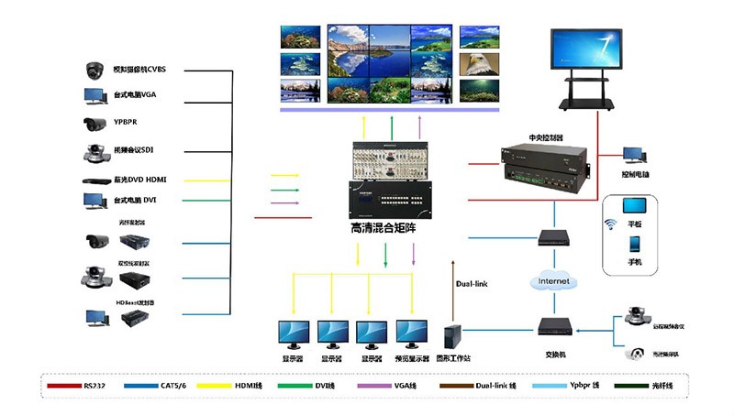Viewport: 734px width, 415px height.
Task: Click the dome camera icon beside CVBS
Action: (95, 70)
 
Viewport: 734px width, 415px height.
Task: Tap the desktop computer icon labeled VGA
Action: (95, 96)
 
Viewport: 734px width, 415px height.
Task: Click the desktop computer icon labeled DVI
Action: (95, 200)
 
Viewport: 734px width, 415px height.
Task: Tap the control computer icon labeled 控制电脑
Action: (634, 156)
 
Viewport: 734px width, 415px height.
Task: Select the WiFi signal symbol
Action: (610, 224)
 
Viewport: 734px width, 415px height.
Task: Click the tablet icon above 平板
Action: (634, 204)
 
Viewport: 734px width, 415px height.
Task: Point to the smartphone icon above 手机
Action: (634, 245)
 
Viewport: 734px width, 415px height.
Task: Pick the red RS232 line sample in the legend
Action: (63, 386)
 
